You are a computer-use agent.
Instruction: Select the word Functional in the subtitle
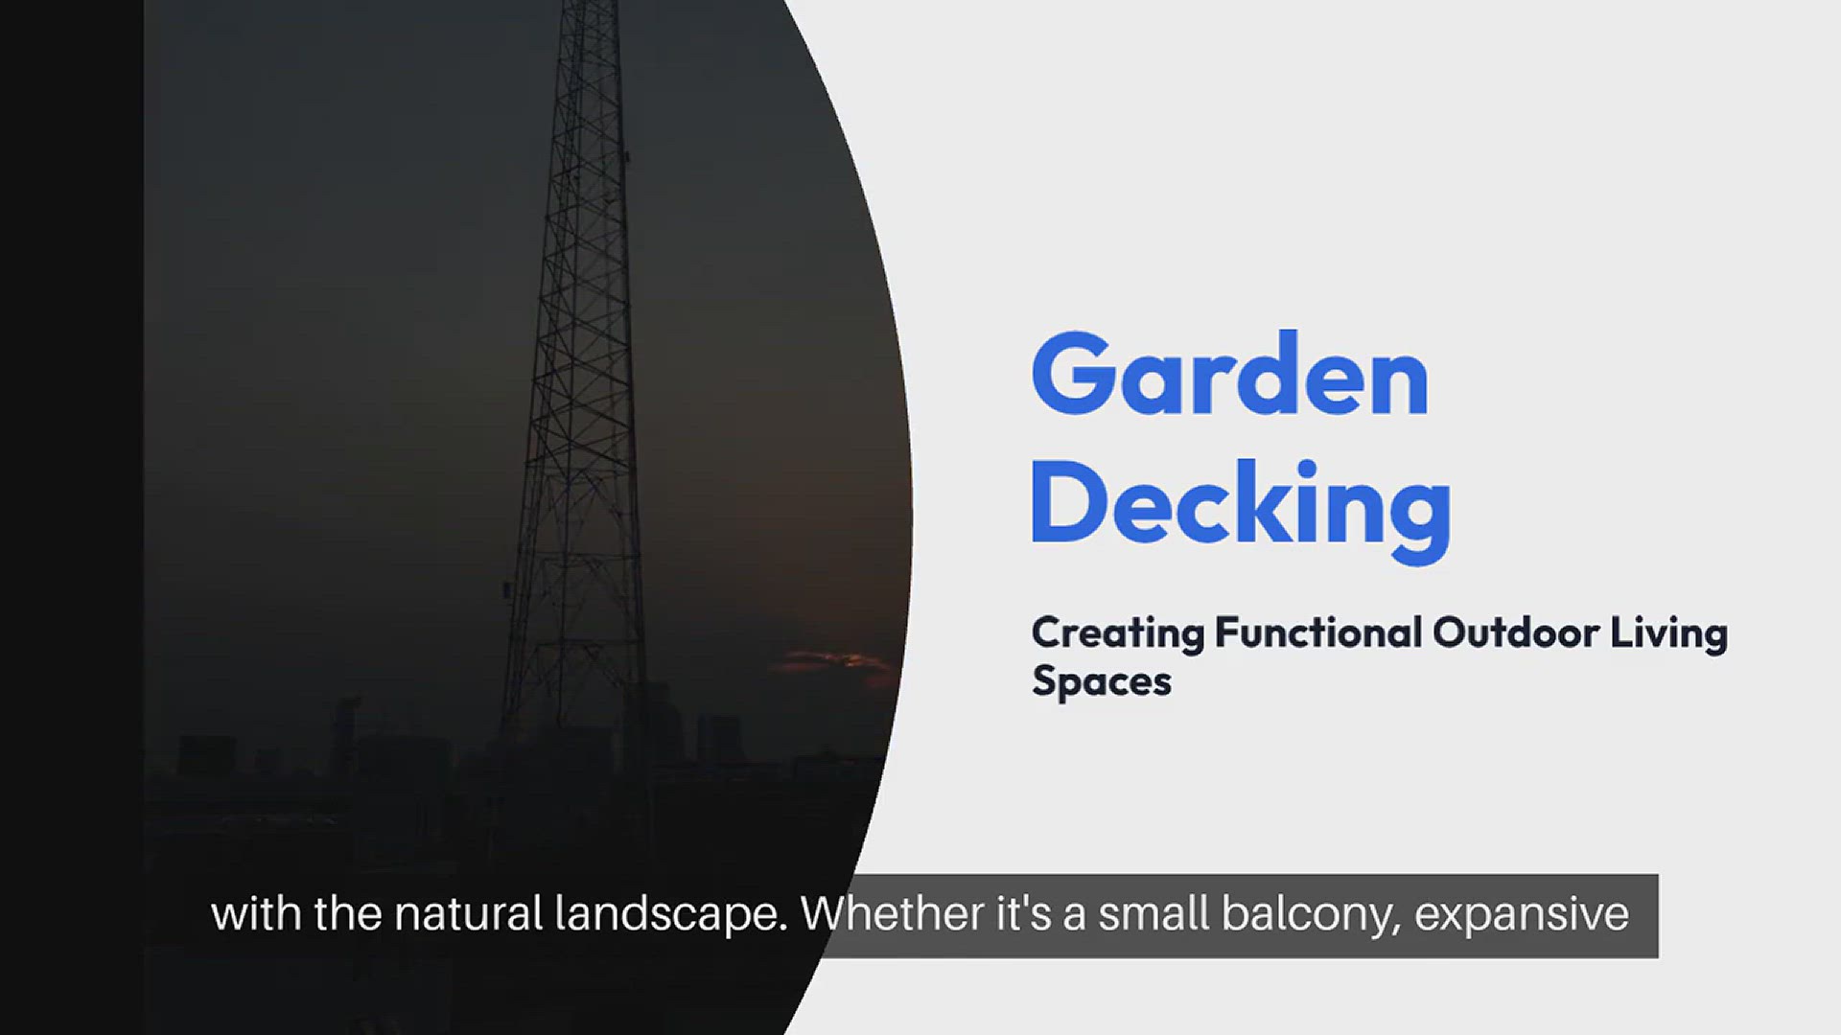[1318, 632]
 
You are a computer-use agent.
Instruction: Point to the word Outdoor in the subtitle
[1516, 632]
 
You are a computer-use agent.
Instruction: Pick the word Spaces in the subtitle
[1102, 682]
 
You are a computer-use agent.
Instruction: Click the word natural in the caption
[469, 913]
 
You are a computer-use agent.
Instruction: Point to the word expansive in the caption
[1522, 915]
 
